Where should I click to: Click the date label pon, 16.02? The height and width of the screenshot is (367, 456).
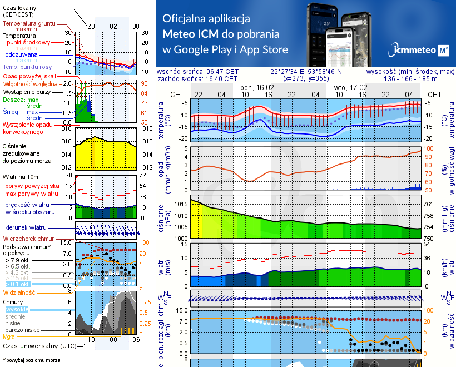(256, 88)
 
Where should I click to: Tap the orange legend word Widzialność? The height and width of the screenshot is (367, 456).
(19, 292)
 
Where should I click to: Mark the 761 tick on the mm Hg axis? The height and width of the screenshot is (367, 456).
(435, 205)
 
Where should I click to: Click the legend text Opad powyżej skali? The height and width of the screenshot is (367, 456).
(29, 76)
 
